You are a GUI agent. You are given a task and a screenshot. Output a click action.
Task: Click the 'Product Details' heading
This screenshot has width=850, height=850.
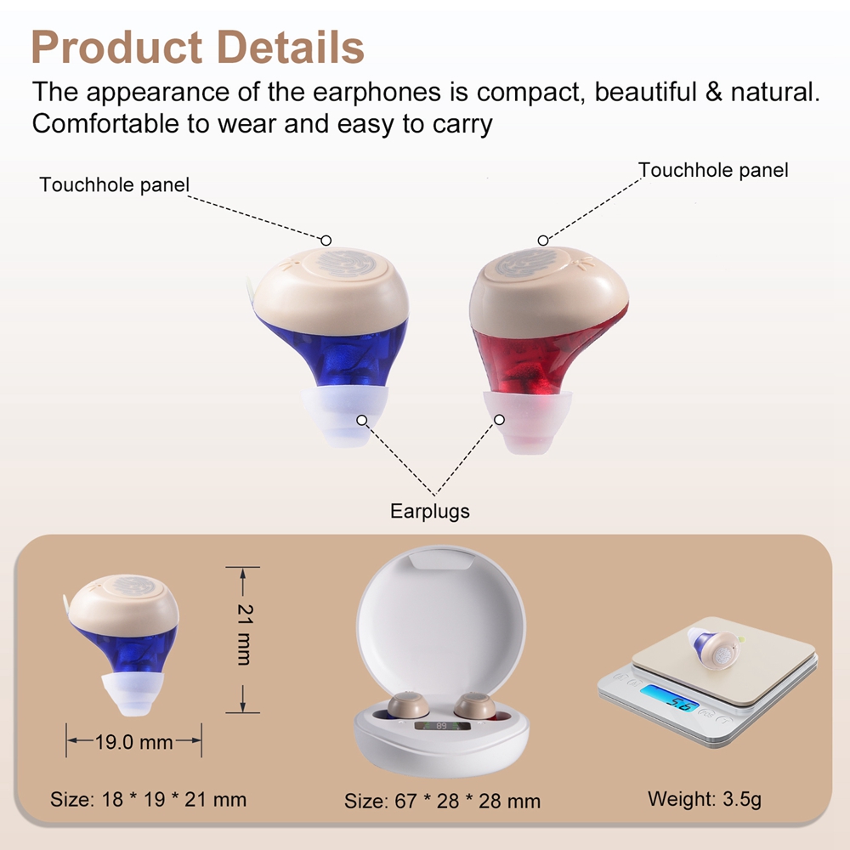197,47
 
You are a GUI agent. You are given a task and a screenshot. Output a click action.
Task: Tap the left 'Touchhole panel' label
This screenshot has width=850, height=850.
115,184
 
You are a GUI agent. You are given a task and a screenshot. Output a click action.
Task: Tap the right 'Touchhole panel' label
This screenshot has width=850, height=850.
713,170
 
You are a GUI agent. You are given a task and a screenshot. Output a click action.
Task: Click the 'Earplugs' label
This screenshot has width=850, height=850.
430,511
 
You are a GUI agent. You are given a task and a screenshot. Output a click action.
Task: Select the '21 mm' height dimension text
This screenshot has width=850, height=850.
245,634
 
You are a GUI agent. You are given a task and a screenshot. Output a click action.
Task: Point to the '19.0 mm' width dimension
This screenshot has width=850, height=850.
134,741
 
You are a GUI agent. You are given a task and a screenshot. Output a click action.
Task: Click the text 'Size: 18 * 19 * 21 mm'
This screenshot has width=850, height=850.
148,800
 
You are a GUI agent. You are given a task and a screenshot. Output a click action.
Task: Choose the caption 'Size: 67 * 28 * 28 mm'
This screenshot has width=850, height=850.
442,802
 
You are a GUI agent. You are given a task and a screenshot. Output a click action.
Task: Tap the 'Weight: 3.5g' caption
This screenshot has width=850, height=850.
705,799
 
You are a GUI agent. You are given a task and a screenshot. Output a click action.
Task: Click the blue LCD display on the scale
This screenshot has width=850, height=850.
670,698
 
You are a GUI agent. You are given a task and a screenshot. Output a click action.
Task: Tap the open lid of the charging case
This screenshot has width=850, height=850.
440,613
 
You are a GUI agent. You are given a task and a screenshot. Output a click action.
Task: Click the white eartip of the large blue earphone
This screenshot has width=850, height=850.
345,416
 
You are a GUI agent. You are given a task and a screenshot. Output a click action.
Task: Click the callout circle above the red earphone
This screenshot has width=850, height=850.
542,241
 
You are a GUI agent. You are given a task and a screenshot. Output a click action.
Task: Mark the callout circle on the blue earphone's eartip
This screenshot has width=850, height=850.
362,420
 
